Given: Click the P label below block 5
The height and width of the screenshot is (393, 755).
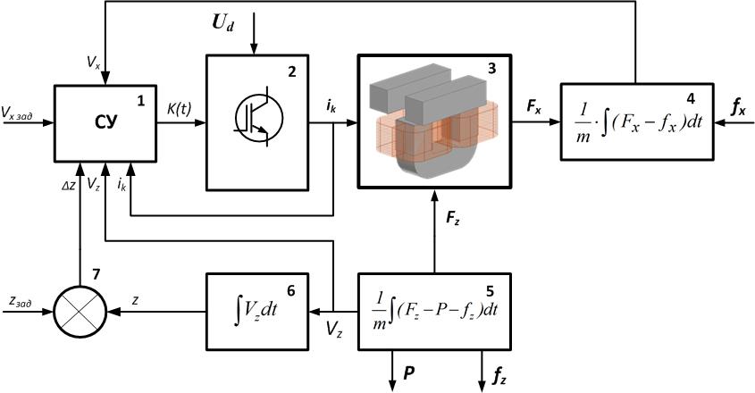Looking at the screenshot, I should click(408, 371).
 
